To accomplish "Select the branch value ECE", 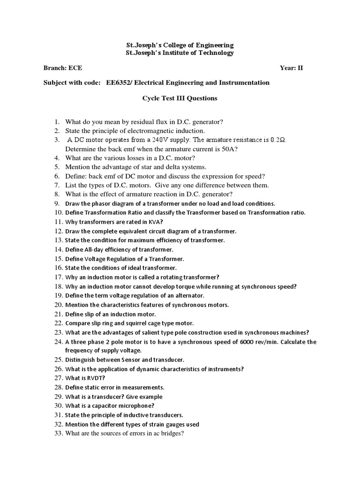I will [76, 67].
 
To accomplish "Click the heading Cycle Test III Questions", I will [180, 98].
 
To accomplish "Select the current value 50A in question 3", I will [232, 149].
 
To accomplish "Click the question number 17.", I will [58, 277].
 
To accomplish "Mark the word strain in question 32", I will [164, 424].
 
